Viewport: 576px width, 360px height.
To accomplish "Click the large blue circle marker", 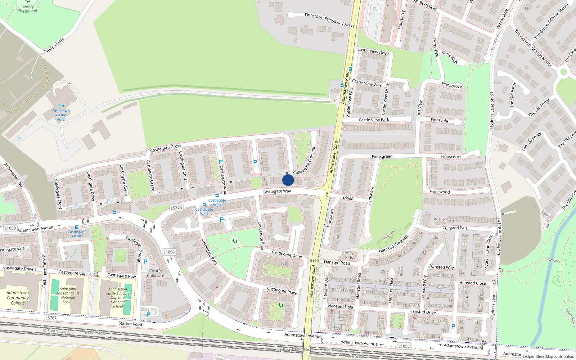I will click(288, 180).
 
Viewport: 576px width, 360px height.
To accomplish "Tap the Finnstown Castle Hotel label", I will click(61, 115).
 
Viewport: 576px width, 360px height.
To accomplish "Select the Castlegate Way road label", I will click(276, 191).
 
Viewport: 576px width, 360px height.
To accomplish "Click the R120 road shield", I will click(314, 261).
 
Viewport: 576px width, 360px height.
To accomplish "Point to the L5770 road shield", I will click(176, 208).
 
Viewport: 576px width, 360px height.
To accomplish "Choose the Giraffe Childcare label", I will click(156, 273).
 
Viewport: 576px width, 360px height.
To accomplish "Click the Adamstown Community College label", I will click(18, 298).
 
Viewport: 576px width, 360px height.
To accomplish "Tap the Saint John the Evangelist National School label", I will click(68, 295).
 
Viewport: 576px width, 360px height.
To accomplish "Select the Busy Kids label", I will click(349, 255).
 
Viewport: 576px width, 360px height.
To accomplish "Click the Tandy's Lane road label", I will click(54, 45).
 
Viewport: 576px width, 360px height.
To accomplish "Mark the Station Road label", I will click(130, 324).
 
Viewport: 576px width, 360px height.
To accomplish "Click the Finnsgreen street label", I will click(382, 156).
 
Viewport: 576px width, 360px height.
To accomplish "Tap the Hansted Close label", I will click(472, 283).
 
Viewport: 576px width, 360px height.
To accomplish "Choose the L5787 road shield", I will click(51, 318).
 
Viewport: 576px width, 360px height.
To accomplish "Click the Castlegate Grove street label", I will click(166, 148).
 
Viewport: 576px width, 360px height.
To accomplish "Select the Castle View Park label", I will click(374, 120).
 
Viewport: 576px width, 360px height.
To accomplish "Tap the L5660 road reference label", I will click(348, 198).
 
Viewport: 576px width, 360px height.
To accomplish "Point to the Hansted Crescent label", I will click(393, 244).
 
